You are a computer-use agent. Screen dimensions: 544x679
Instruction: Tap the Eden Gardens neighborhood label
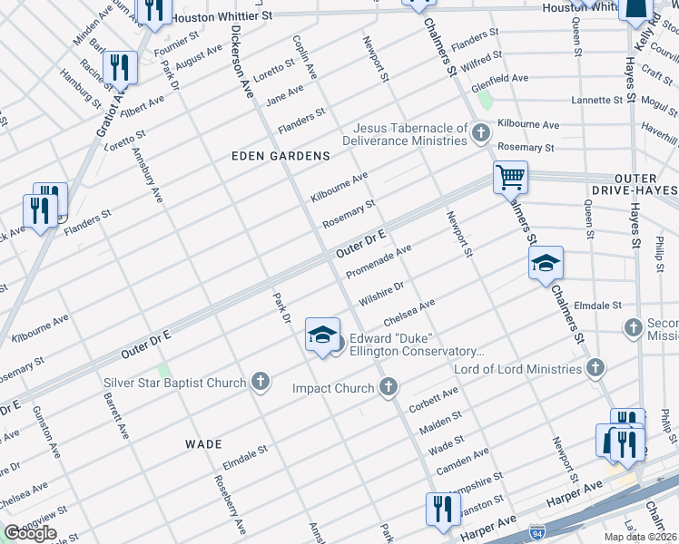point(280,156)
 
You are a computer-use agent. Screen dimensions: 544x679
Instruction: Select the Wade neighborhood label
point(203,444)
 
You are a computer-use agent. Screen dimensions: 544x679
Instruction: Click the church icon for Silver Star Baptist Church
point(261,382)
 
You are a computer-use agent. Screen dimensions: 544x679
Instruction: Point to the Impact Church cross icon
point(389,388)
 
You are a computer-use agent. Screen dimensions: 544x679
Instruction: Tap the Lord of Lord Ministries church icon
point(595,369)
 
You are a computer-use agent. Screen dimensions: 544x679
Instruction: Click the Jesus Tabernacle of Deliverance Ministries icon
point(481,134)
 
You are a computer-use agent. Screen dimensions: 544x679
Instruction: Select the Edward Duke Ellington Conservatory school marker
point(322,336)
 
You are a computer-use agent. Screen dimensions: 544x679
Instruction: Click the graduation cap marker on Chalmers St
point(546,264)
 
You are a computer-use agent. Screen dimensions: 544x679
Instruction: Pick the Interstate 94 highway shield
point(537,528)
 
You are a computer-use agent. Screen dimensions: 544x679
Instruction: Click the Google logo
point(30,532)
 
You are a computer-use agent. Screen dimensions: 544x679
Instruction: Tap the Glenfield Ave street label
point(499,78)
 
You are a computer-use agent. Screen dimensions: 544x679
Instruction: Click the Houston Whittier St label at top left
point(221,16)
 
